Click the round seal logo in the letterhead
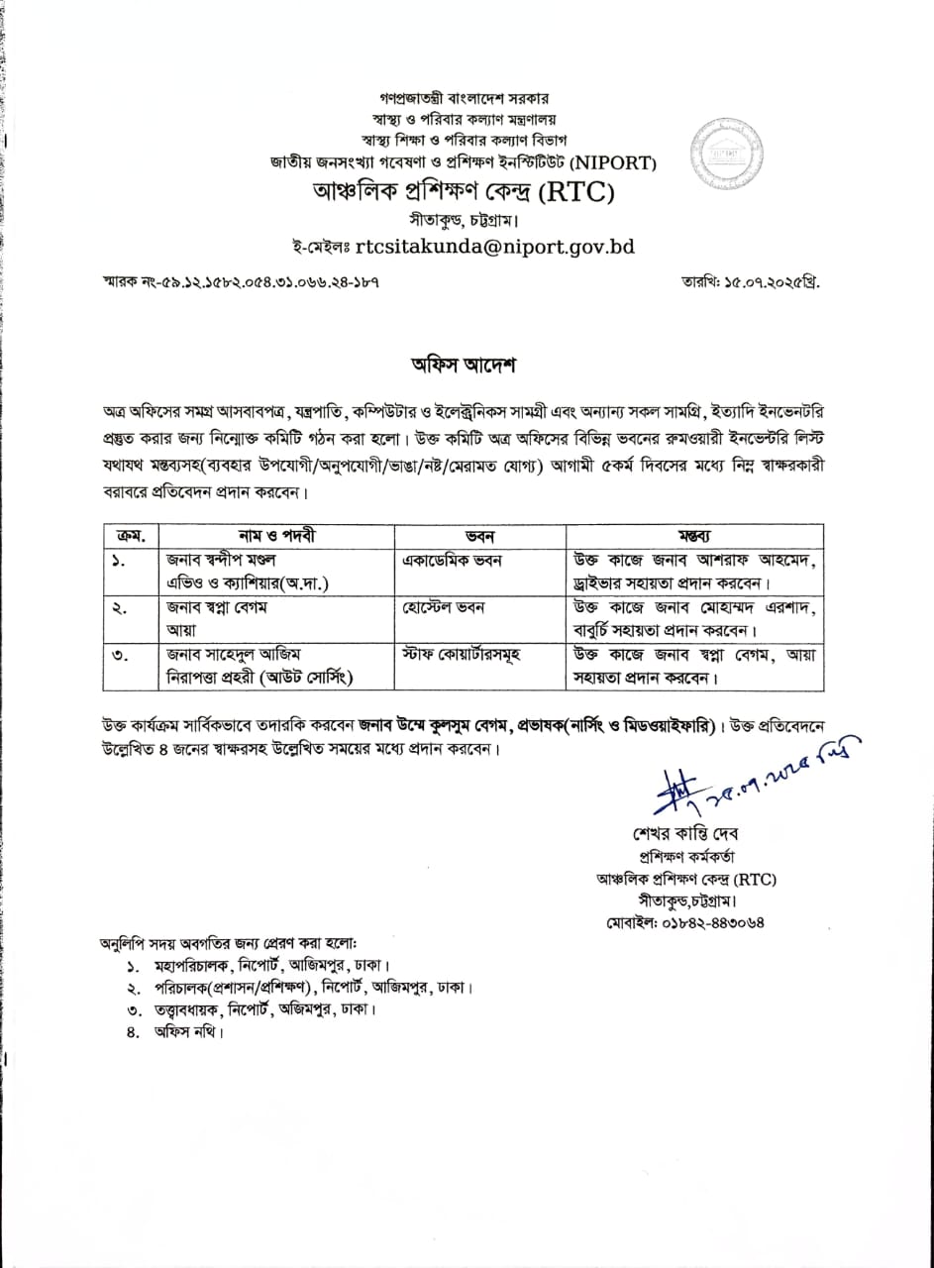723,146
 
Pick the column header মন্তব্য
693,535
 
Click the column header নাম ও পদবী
276,535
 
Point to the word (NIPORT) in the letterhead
619,162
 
